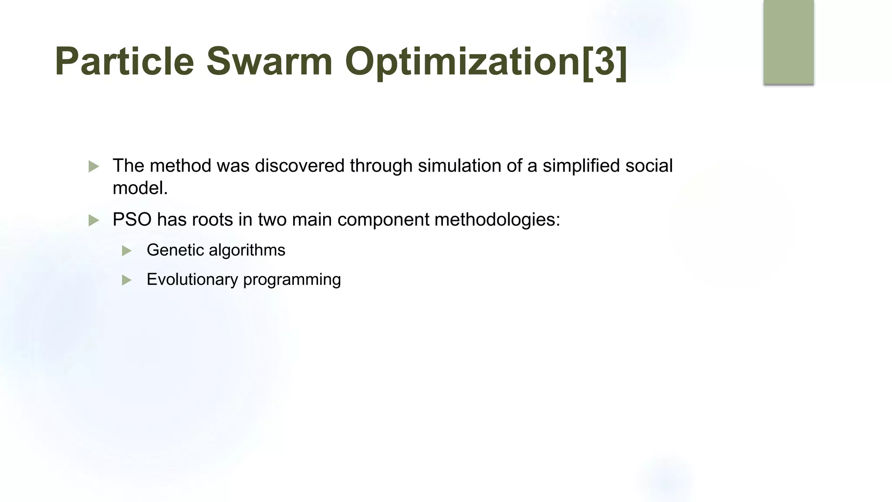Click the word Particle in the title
(124, 61)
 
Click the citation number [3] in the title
(605, 61)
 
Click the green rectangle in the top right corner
(788, 42)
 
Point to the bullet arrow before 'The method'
(94, 166)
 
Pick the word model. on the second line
(140, 188)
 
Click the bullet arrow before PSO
(94, 220)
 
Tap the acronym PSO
(132, 219)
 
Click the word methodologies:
(497, 219)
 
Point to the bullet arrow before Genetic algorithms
(127, 251)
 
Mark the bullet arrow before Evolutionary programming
(127, 280)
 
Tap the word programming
(292, 280)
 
